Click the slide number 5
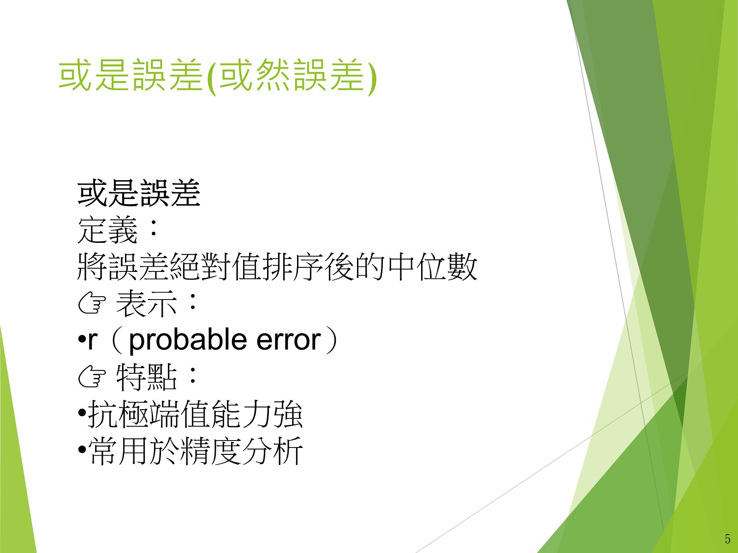point(727,539)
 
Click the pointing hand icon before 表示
point(92,303)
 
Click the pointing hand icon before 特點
point(92,377)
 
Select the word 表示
point(146,303)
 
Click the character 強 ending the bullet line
point(288,413)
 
